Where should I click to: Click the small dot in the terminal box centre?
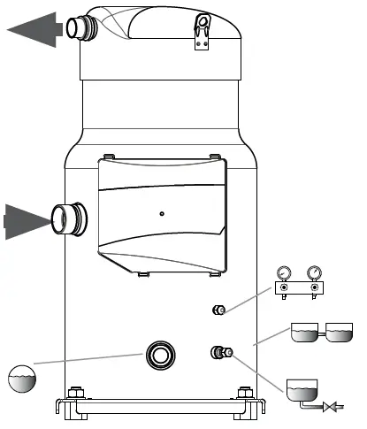[x=160, y=213]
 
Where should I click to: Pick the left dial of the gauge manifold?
[x=284, y=272]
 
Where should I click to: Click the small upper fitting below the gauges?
[x=219, y=309]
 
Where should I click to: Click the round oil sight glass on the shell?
[x=161, y=356]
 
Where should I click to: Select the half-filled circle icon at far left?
[x=23, y=379]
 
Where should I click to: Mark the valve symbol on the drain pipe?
[x=334, y=408]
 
